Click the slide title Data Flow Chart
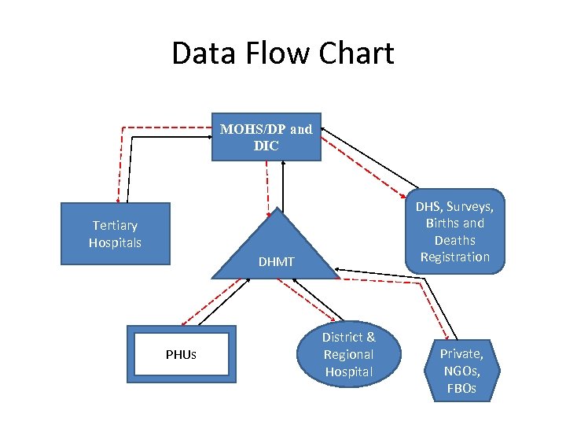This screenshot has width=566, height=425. coord(282,54)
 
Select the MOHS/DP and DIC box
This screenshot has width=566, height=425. coord(266,137)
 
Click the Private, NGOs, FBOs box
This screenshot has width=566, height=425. coord(461,371)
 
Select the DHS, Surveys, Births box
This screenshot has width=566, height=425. coord(454,231)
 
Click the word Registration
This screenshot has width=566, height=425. coord(454,257)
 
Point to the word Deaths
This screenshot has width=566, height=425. coord(454,240)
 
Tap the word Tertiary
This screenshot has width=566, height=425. coord(115,226)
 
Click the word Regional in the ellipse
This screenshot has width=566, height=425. coord(349,354)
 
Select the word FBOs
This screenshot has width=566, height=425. coord(461,388)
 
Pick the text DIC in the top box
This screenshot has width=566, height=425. coord(266,146)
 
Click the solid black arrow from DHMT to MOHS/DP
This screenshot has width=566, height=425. coord(283,185)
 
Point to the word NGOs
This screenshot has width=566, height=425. coord(461,371)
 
